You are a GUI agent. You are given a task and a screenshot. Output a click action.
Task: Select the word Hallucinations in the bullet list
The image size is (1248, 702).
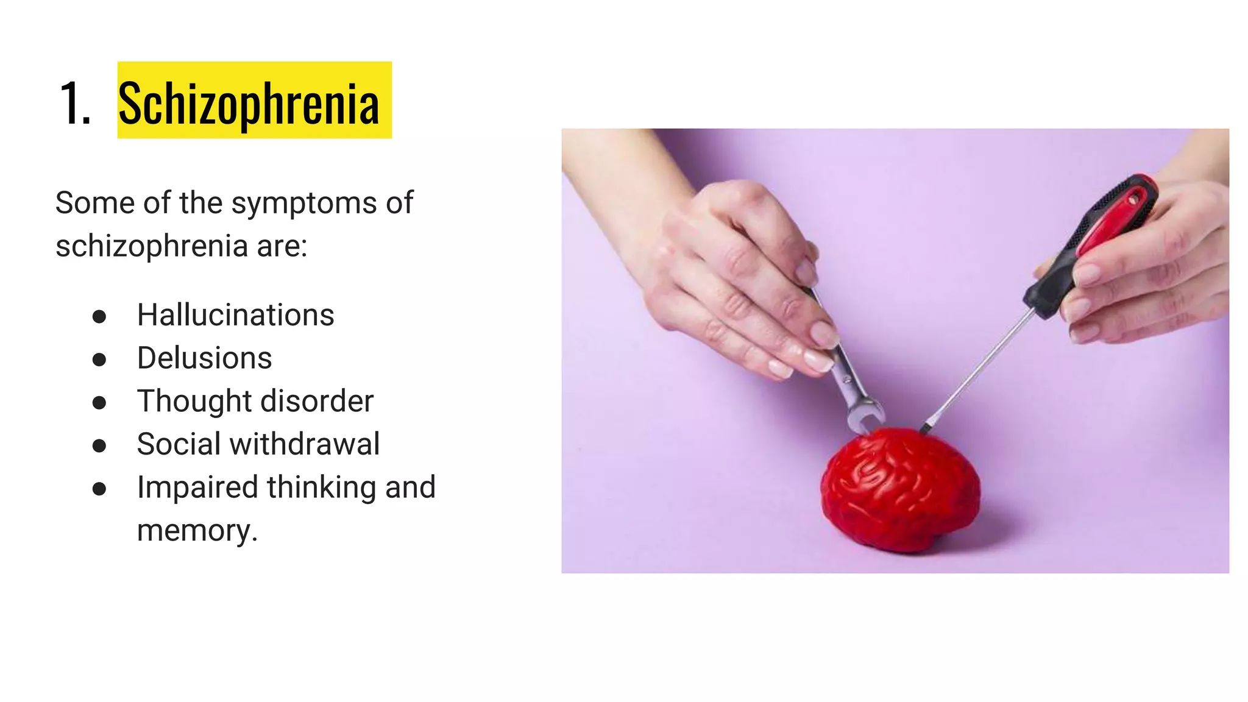235,315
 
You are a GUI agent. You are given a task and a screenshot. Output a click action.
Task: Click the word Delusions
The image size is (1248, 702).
204,358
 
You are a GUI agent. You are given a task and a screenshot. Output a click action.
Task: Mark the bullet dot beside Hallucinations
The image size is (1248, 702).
99,316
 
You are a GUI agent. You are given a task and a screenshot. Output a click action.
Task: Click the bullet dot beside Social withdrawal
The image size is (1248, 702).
99,445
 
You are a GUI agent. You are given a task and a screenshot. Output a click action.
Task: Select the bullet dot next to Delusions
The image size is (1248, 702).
99,360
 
